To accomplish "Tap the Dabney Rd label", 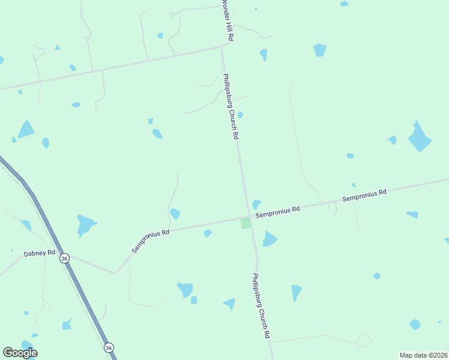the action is (x=40, y=254).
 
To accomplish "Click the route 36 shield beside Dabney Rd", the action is (x=64, y=258).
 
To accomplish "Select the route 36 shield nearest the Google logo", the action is (x=108, y=348).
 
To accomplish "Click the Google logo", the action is (x=20, y=353).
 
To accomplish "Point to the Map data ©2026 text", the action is (x=423, y=355).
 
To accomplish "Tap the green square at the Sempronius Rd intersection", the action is (x=246, y=223).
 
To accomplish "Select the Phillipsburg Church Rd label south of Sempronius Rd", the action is (x=261, y=306).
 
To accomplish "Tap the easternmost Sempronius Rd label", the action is (x=364, y=196).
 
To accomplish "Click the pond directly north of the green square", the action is (x=256, y=204).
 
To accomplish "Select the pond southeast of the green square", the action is (x=269, y=239).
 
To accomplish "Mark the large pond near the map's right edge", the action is (x=420, y=138).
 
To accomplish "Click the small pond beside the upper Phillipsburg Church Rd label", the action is (x=240, y=115).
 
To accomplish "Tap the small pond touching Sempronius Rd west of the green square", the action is (x=208, y=233).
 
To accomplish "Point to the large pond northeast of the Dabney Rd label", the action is (x=86, y=225).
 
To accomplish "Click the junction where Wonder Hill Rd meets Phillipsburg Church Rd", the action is (x=222, y=46).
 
